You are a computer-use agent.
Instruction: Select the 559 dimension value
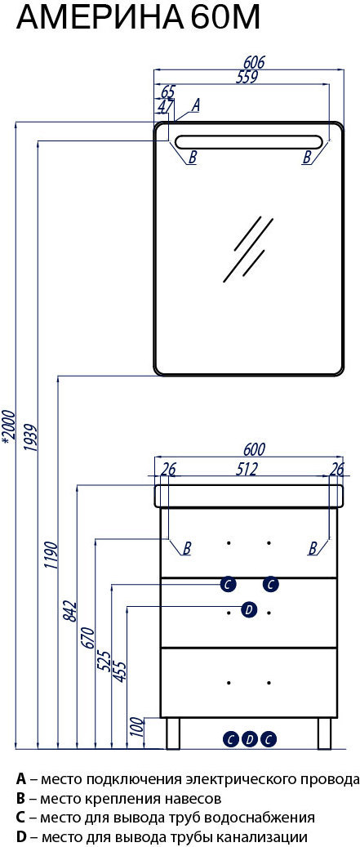pyautogui.click(x=246, y=77)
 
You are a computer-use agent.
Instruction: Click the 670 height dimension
pyautogui.click(x=89, y=640)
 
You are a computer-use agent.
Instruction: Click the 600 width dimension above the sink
pyautogui.click(x=255, y=449)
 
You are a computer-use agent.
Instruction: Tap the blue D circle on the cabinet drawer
pyautogui.click(x=248, y=610)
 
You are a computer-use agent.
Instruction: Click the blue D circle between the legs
pyautogui.click(x=249, y=738)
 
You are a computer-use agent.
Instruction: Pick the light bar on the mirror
pyautogui.click(x=248, y=141)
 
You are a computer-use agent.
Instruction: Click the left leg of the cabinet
pyautogui.click(x=173, y=734)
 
